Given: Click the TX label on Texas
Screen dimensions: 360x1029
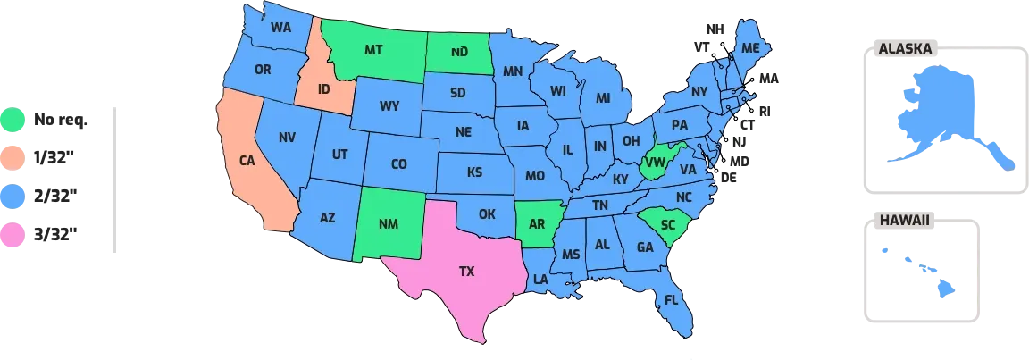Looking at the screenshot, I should tap(466, 270).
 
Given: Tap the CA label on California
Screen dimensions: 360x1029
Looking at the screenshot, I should tap(247, 161).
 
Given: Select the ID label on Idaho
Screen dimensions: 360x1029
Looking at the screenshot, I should tap(322, 90).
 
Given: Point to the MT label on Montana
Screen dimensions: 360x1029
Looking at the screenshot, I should tap(374, 50).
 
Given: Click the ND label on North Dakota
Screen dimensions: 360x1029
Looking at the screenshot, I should tap(459, 51).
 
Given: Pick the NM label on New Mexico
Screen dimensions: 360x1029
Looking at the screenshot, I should tap(388, 226).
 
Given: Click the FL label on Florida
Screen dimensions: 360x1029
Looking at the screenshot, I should tap(670, 299).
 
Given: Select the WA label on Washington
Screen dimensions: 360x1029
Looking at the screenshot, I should tap(281, 27).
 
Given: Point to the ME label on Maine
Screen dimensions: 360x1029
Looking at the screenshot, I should tap(750, 47).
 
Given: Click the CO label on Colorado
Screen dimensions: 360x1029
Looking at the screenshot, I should tap(398, 164).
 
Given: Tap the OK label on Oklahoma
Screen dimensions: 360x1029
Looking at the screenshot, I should tap(486, 214).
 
